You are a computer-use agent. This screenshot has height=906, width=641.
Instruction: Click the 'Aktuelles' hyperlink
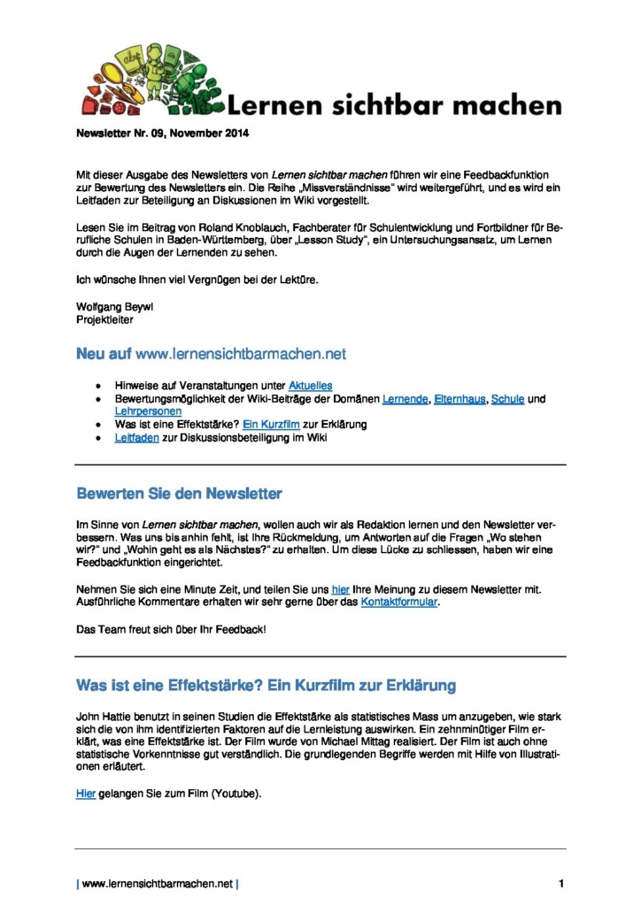click(311, 385)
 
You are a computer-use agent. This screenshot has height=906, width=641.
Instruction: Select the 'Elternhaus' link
click(460, 399)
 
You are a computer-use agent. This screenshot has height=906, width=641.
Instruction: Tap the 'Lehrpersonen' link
click(148, 411)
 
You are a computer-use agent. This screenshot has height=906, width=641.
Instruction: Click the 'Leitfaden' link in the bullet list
click(137, 438)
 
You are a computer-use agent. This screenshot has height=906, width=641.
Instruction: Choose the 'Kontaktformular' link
click(399, 603)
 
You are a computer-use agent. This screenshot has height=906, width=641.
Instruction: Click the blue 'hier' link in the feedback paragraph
click(341, 589)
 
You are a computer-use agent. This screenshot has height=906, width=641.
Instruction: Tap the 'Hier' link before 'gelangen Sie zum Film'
click(86, 794)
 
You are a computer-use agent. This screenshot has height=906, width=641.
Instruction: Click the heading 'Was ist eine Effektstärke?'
click(266, 684)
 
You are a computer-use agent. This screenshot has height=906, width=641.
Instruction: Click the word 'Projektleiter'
click(104, 319)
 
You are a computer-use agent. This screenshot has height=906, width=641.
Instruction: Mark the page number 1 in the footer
click(561, 883)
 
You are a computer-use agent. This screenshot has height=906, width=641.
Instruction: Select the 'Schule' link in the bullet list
click(508, 399)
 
